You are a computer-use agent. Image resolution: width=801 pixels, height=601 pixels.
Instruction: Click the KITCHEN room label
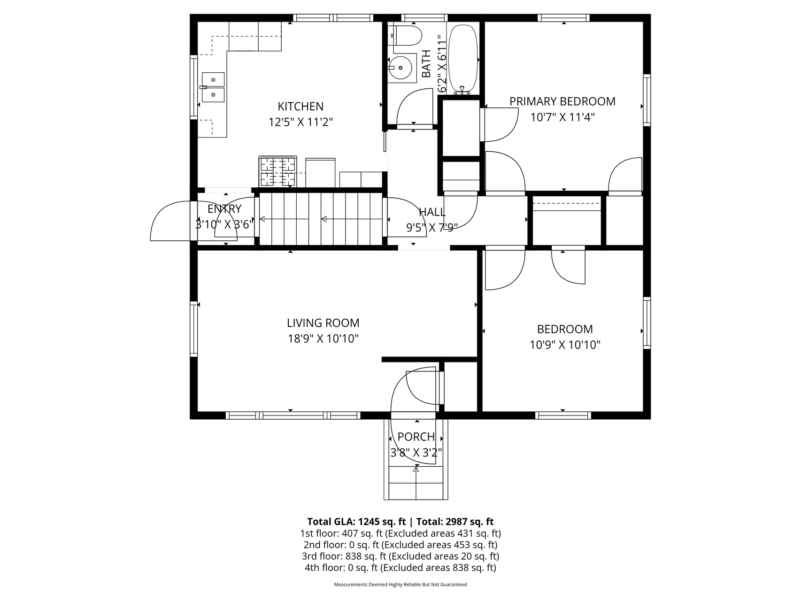[300, 107]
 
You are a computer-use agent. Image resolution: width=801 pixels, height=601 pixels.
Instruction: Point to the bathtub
[463, 60]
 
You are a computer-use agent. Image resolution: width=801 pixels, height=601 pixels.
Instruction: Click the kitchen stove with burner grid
[277, 172]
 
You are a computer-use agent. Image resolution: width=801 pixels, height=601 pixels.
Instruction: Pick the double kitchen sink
[213, 87]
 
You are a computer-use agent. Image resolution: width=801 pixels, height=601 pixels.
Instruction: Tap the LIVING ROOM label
[323, 323]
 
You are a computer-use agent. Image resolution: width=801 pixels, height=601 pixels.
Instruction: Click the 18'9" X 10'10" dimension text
[323, 339]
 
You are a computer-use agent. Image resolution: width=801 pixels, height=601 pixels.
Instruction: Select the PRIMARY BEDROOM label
[562, 101]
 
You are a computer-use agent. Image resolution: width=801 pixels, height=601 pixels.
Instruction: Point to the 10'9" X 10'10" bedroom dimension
[565, 345]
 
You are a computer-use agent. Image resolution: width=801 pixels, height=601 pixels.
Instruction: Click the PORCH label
[416, 437]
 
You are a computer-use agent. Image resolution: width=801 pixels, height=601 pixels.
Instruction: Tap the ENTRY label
[224, 209]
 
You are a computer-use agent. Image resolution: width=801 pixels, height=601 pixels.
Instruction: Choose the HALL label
[432, 212]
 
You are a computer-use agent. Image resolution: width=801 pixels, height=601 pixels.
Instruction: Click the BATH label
[426, 64]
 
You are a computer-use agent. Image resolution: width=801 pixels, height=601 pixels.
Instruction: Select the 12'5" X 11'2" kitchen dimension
[300, 123]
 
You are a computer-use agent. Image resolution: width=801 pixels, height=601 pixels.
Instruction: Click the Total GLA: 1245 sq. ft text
[356, 522]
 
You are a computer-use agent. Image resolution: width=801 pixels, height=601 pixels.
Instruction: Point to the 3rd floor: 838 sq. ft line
[400, 556]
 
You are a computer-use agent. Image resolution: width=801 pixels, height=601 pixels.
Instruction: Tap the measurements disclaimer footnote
[400, 585]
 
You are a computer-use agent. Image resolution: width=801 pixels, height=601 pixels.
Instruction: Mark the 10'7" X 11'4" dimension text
[562, 117]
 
